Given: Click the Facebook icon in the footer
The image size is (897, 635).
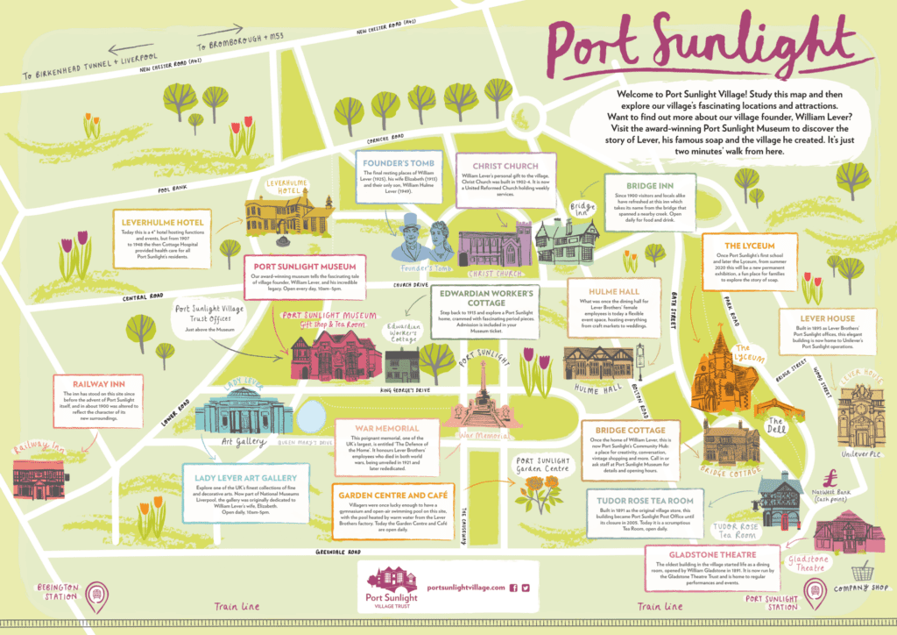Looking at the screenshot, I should point(513,588).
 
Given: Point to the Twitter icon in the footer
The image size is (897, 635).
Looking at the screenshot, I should point(526,588).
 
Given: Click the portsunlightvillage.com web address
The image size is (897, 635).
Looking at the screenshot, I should point(465,588).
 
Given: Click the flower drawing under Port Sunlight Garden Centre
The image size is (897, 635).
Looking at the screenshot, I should point(537,496).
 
